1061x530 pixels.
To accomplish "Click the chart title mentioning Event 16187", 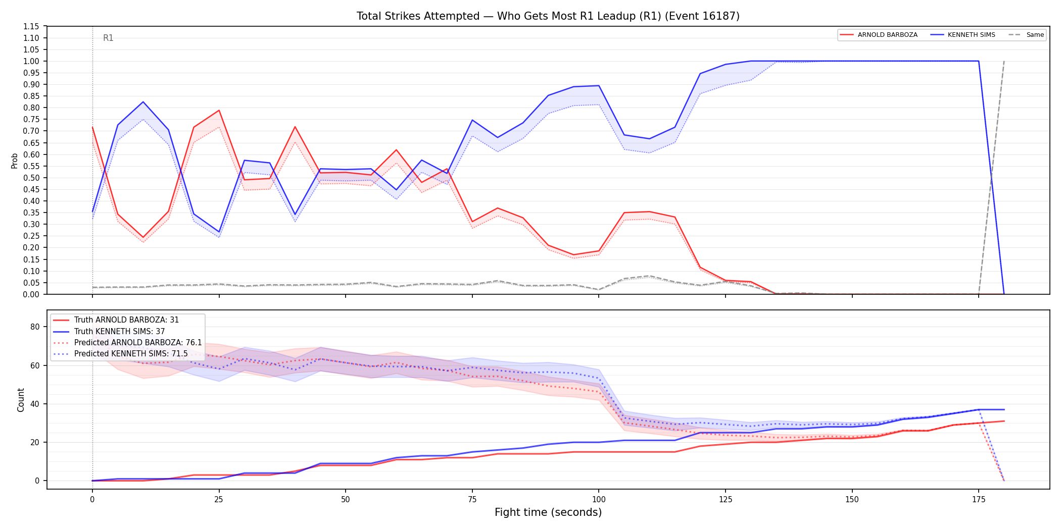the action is tap(548, 16).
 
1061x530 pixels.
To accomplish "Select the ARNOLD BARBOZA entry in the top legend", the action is tap(879, 35).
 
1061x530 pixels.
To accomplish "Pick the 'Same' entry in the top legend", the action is tap(1026, 35).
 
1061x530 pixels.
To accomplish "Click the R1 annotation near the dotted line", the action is tap(108, 38).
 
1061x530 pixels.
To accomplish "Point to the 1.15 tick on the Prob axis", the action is tap(31, 26).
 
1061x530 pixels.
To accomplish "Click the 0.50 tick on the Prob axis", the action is tap(31, 178).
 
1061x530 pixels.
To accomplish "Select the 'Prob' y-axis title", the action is tap(15, 161).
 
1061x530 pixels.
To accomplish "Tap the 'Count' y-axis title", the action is tap(21, 400).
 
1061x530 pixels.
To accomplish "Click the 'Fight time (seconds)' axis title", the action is tap(548, 512).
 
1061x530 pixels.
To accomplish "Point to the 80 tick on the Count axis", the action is tap(35, 327).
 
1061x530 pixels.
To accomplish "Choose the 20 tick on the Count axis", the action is tap(35, 442).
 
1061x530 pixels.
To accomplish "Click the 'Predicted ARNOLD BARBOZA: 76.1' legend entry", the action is tap(127, 342).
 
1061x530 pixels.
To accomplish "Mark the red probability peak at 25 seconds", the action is tap(219, 110).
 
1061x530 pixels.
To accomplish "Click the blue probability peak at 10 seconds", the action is tap(143, 102).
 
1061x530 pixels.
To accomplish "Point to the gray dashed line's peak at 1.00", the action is tap(1004, 61).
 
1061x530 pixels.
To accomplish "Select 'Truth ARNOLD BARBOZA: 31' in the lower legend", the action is tap(116, 320).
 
